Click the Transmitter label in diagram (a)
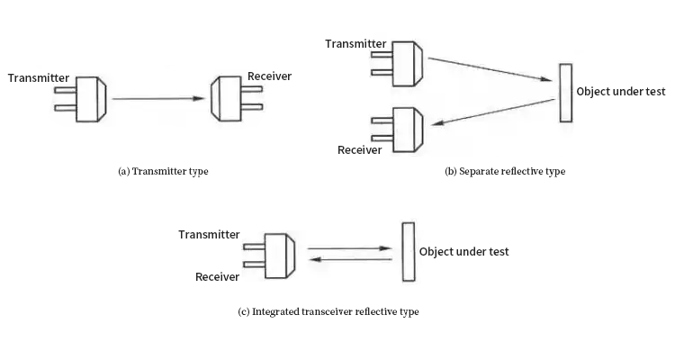point(39,77)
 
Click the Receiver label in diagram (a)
point(269,76)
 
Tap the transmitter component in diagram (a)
point(90,99)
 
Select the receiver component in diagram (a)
point(226,99)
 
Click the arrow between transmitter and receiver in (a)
point(157,99)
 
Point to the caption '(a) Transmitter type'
point(163,171)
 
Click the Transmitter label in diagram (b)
point(355,43)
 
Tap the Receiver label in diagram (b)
point(360,149)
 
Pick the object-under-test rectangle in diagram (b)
point(565,92)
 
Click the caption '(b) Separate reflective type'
point(505,171)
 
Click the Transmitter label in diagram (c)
point(209,235)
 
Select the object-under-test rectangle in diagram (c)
point(409,252)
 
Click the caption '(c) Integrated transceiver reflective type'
point(328,311)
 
